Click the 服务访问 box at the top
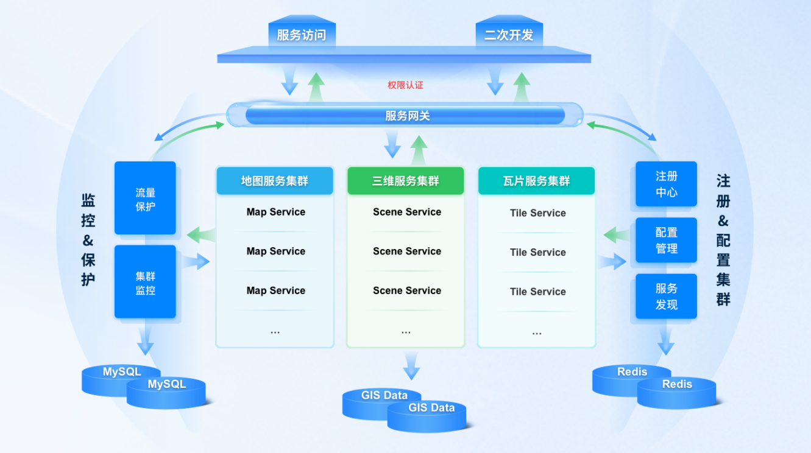(302, 35)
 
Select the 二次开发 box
(509, 35)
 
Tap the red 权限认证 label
(405, 85)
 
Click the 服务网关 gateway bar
(406, 115)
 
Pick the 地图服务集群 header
(275, 181)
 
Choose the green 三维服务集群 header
(406, 181)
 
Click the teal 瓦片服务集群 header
(536, 181)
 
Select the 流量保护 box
(145, 198)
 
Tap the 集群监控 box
(145, 283)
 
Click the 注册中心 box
(666, 184)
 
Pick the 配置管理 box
(666, 240)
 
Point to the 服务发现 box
(666, 296)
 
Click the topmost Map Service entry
(275, 212)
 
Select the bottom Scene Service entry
(407, 290)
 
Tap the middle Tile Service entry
(537, 252)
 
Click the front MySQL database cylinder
(166, 392)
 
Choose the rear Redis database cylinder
(631, 376)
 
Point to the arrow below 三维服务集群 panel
(412, 365)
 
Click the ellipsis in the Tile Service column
(537, 332)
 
